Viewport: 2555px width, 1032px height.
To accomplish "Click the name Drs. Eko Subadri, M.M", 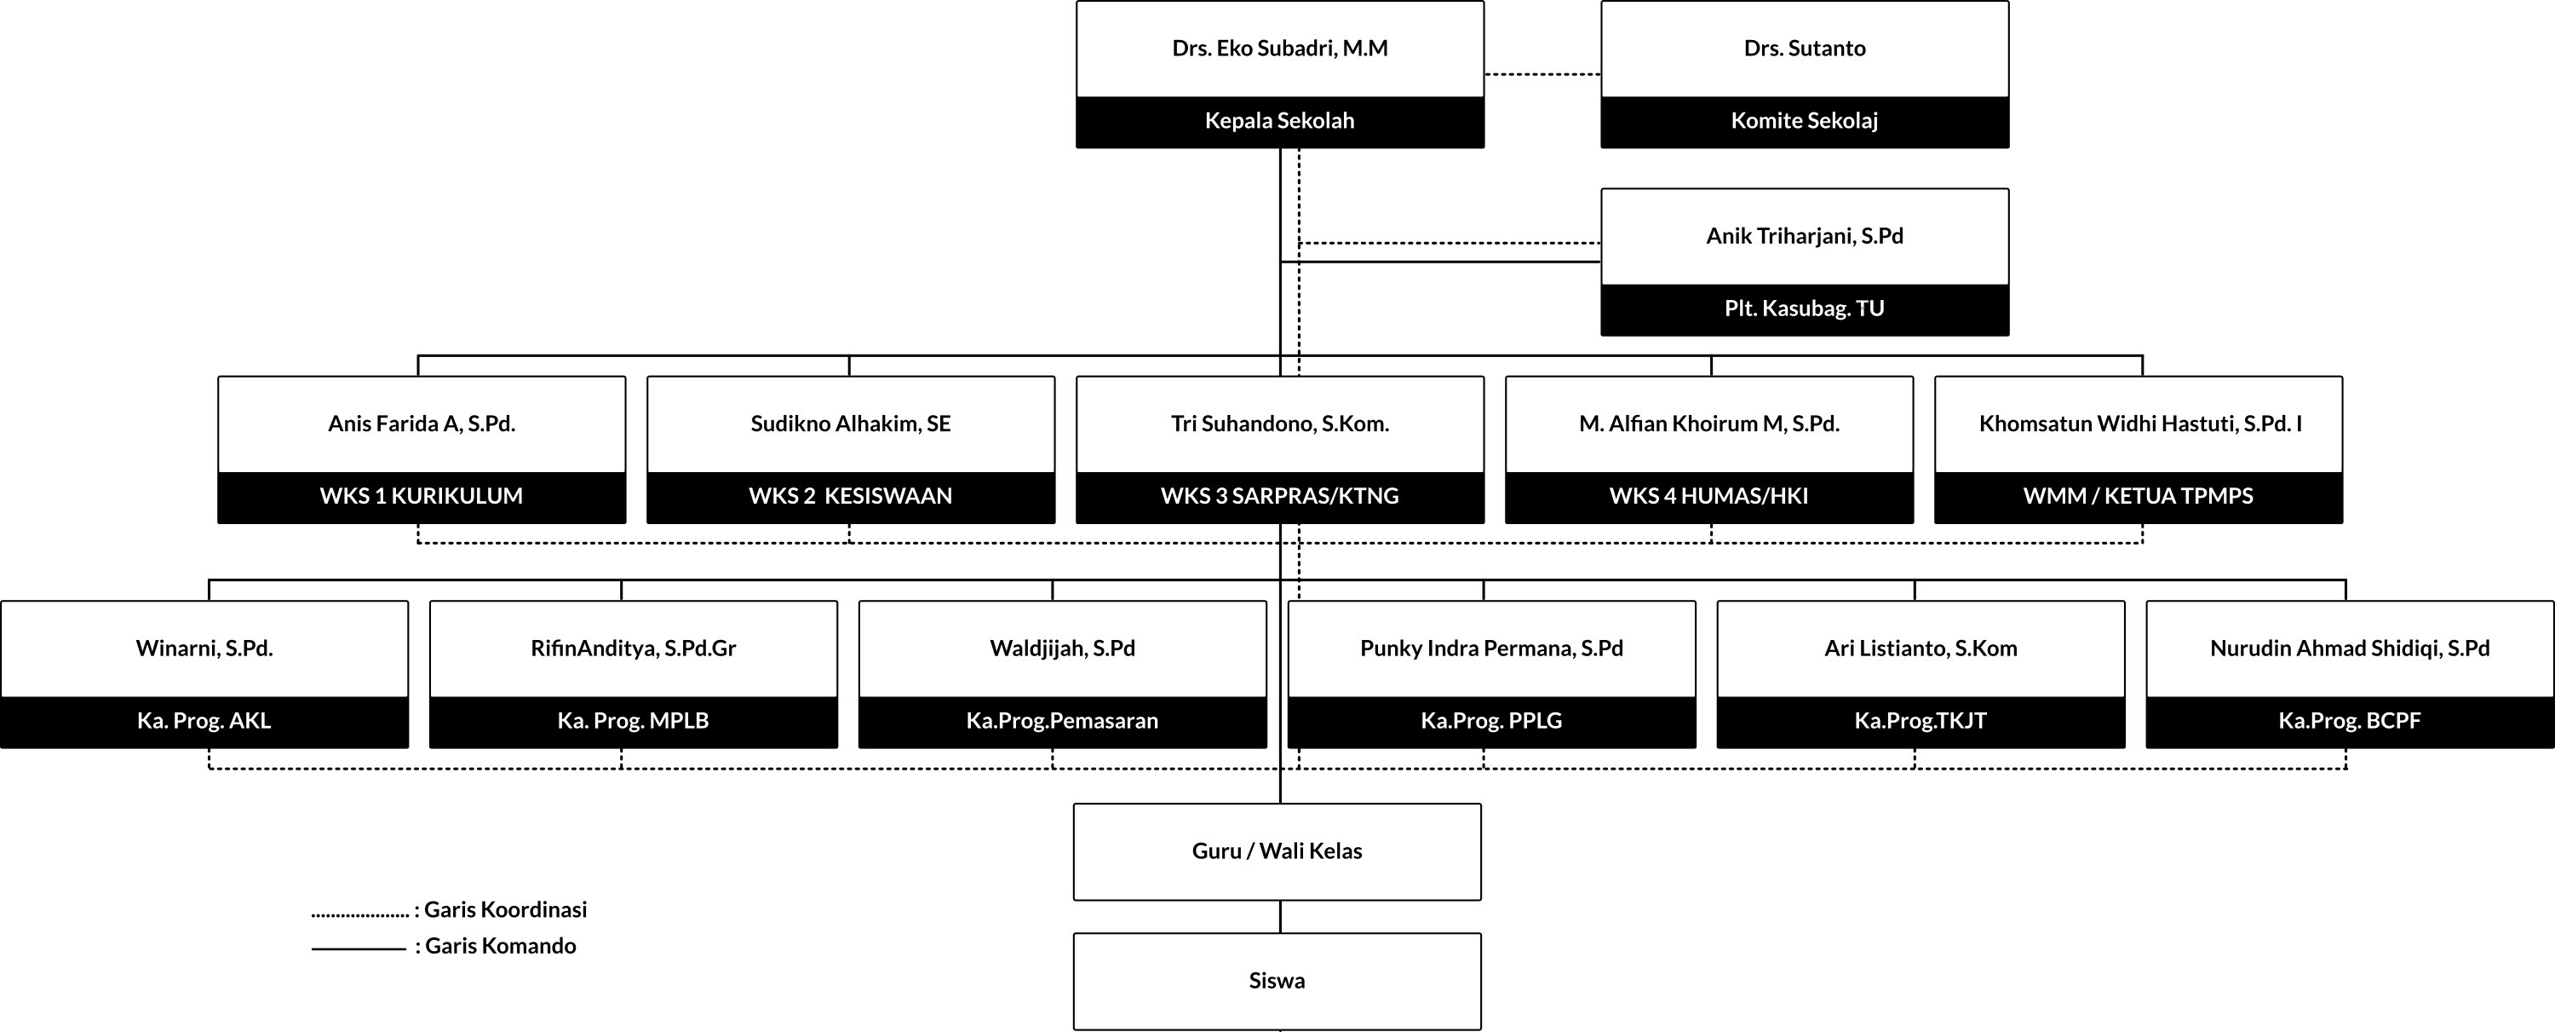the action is click(x=1279, y=49).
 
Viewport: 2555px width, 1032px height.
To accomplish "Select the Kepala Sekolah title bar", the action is click(x=1279, y=122).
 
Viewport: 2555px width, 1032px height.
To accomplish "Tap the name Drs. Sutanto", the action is click(x=1804, y=49).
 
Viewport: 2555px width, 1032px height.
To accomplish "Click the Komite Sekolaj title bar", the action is click(x=1804, y=122).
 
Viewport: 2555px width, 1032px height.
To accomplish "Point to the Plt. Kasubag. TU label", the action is click(x=1804, y=308).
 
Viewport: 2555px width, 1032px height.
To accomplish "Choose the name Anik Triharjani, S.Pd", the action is click(x=1804, y=236).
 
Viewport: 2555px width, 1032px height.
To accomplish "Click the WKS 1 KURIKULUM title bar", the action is click(x=422, y=497).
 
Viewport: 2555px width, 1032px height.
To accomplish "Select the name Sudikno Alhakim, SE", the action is click(x=850, y=424).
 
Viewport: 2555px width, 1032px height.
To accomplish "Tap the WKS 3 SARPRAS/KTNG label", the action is click(x=1279, y=496).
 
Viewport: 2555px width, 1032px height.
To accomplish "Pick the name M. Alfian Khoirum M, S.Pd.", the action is click(x=1709, y=424).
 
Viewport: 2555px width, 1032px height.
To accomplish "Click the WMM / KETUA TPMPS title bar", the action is click(x=2139, y=497).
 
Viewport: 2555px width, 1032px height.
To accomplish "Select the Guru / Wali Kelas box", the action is click(x=1277, y=852).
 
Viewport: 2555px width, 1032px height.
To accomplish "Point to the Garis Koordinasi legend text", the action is click(x=506, y=910).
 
